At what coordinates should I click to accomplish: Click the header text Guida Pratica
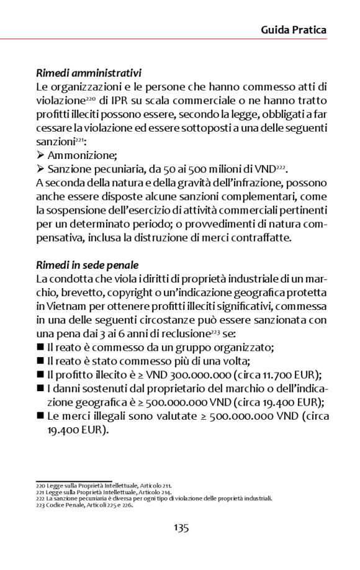coord(293,29)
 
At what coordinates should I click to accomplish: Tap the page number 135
coord(181,528)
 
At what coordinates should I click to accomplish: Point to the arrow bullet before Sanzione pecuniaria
coord(40,169)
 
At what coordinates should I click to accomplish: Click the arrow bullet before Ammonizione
coord(40,155)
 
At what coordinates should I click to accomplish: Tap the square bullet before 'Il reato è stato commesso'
coord(40,361)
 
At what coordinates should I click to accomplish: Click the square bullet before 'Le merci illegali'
coord(40,416)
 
